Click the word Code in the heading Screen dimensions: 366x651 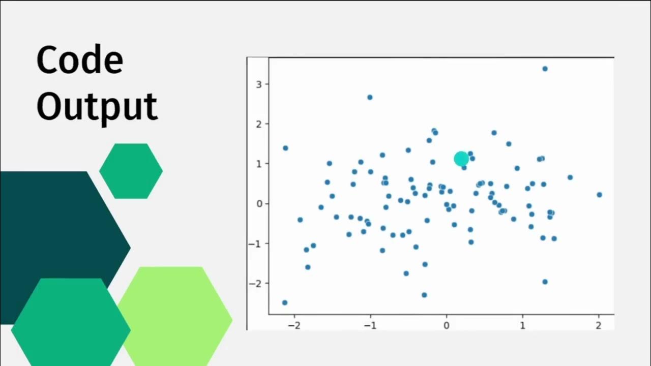tap(80, 60)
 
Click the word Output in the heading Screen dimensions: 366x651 tap(97, 106)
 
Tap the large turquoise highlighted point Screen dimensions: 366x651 tap(461, 159)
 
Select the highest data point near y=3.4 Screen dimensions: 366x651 tap(545, 69)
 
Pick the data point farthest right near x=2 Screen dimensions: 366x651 tap(599, 195)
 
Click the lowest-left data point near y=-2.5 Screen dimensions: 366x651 tap(285, 302)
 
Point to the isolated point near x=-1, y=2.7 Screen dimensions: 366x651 tap(370, 97)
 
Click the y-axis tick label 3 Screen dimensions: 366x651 tap(259, 84)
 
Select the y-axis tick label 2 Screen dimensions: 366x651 tap(259, 124)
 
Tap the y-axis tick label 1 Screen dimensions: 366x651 tap(259, 164)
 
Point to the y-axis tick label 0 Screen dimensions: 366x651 tap(259, 204)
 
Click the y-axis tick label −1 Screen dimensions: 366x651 tap(256, 243)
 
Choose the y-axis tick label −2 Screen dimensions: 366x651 tap(256, 284)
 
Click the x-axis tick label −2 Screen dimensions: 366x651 tap(294, 325)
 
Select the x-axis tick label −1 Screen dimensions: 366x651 tap(370, 325)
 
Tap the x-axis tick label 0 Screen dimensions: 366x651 tap(447, 325)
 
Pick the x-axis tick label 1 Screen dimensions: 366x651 tap(522, 325)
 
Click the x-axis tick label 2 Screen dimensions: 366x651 tap(599, 325)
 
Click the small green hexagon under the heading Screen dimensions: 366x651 tap(131, 171)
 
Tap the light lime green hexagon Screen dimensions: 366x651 tap(175, 315)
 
